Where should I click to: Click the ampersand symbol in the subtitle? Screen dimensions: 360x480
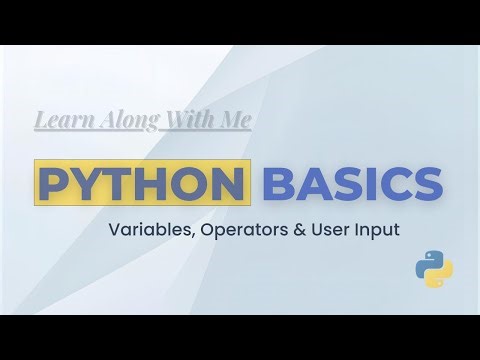pos(290,229)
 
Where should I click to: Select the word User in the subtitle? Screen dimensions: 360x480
pos(321,229)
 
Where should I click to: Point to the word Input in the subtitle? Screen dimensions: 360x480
pos(373,229)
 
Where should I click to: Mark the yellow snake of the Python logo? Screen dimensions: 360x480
pos(440,275)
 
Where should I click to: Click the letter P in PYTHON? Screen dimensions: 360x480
pos(54,184)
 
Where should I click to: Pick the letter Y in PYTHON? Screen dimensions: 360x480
pos(88,184)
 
